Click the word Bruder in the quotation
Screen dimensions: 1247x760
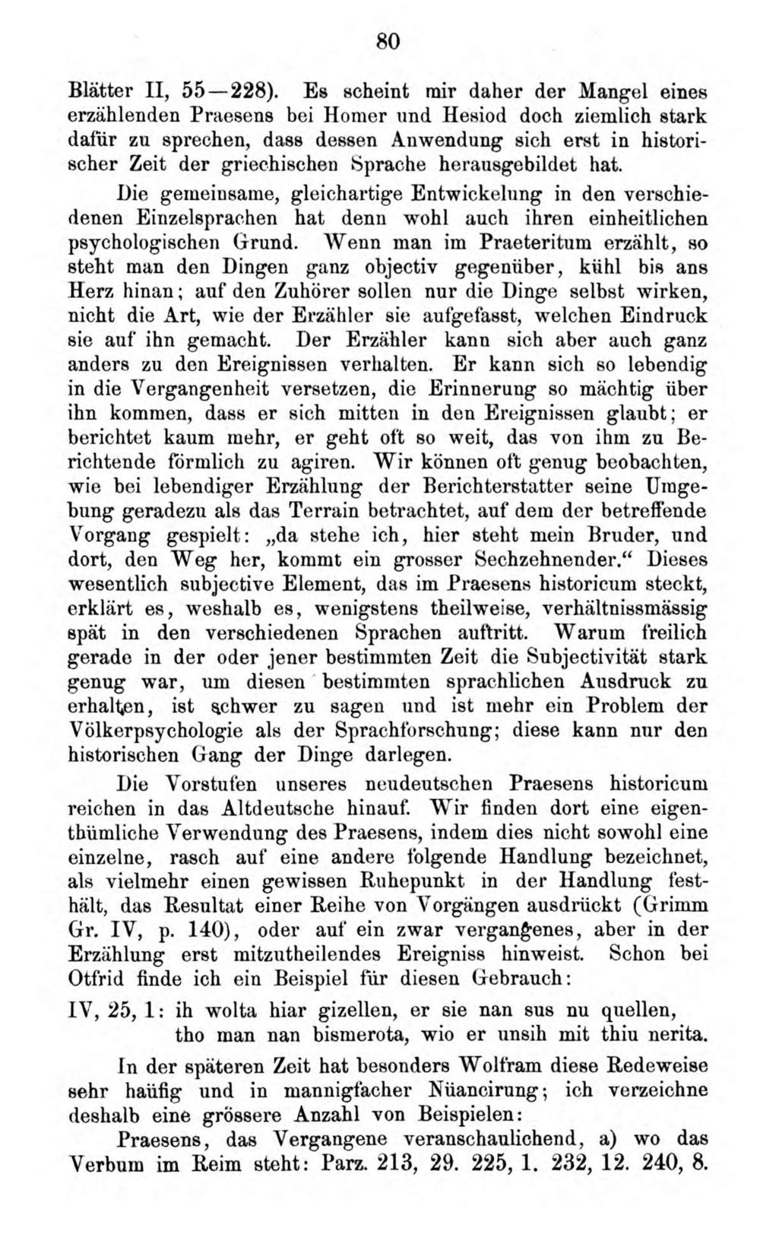595,534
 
